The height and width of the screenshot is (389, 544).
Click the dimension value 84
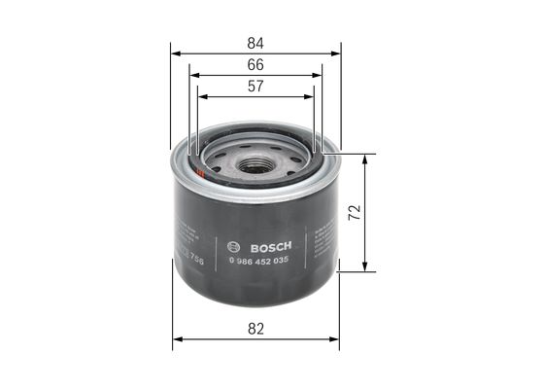click(x=255, y=43)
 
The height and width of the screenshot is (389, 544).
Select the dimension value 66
click(x=255, y=64)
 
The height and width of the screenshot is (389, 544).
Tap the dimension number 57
click(x=255, y=86)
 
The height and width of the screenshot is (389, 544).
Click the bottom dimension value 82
click(x=255, y=330)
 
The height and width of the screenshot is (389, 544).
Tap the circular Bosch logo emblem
click(x=231, y=244)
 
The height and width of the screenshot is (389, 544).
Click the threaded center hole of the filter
click(x=255, y=165)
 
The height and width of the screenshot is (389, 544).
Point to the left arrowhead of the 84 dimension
click(x=174, y=53)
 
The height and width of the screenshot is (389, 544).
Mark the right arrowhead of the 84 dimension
click(x=337, y=53)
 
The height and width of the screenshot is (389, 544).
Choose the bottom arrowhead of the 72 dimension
click(x=365, y=267)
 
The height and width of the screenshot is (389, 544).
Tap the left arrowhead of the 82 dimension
click(x=176, y=340)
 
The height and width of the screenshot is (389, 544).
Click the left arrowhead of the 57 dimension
click(x=200, y=96)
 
